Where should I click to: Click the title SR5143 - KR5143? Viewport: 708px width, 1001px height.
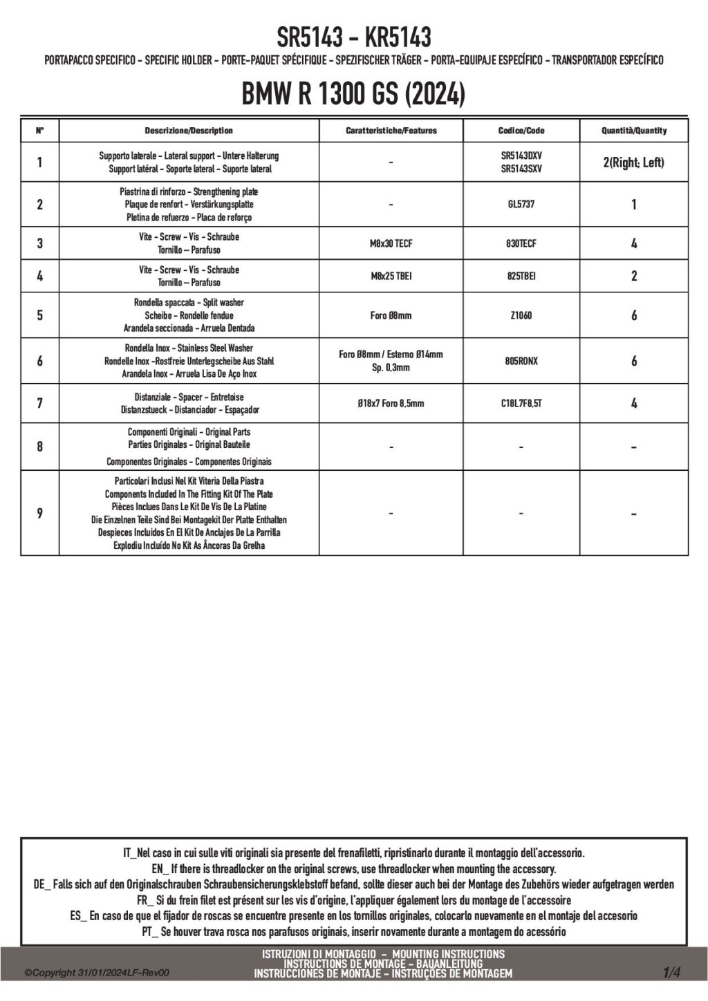[353, 36]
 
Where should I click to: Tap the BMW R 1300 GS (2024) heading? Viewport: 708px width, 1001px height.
[353, 94]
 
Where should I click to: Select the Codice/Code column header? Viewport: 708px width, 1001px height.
[521, 131]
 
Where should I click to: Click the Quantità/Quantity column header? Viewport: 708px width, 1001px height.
[634, 131]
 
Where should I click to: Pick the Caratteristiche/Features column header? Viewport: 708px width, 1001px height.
[391, 131]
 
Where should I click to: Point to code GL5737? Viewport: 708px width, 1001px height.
[521, 205]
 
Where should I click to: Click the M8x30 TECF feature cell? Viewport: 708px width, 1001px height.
[391, 243]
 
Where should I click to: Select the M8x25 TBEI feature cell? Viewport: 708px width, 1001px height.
[391, 276]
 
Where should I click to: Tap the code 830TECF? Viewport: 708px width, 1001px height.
[521, 243]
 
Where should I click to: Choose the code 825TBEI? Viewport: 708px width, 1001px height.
[521, 276]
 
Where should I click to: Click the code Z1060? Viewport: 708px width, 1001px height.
[521, 315]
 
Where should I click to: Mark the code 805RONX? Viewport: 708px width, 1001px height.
[521, 361]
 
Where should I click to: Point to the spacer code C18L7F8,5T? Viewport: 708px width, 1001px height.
[521, 403]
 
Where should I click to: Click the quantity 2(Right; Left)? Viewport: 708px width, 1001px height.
[634, 162]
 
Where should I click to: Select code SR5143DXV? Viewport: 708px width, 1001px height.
[521, 156]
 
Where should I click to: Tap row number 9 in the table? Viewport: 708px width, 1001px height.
[39, 513]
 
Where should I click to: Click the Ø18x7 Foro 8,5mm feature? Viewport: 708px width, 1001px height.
[391, 403]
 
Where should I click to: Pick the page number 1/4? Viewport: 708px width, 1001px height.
[671, 973]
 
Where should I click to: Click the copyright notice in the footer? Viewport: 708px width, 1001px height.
[97, 973]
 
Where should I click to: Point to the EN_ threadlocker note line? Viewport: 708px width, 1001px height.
[353, 869]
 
